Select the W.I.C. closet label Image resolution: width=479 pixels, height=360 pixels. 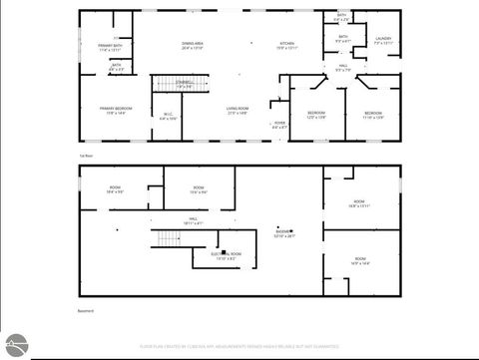[167, 116]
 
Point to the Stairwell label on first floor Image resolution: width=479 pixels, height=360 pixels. [185, 83]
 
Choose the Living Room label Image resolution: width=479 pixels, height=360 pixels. [238, 110]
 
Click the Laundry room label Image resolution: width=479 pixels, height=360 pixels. [383, 41]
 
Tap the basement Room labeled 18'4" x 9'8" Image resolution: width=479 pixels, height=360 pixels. [115, 189]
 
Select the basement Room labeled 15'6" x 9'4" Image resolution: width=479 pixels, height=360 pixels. [198, 189]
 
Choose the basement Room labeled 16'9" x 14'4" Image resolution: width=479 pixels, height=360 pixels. [359, 262]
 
